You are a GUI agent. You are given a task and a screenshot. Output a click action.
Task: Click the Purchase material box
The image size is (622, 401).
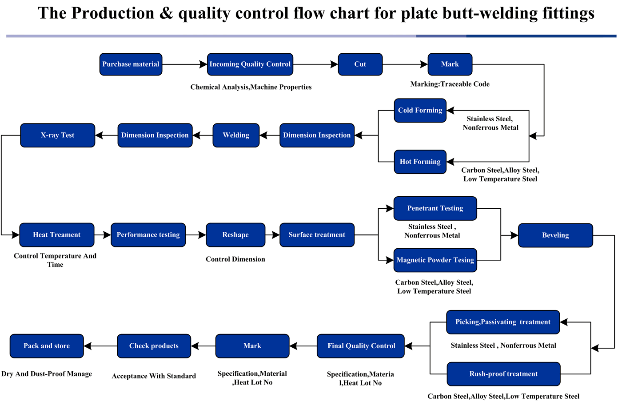pos(131,64)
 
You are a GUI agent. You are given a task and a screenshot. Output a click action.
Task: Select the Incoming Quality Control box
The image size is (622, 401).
pos(250,64)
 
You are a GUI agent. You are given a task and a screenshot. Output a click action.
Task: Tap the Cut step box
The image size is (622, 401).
pos(360,64)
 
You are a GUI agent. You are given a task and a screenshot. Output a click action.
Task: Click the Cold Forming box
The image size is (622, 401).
pos(420,111)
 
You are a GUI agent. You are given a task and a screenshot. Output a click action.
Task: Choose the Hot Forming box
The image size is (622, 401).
pos(420,162)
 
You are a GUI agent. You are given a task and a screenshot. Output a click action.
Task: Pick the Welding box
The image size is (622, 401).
pos(236,135)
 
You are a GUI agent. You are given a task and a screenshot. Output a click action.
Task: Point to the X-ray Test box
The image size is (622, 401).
pos(57,135)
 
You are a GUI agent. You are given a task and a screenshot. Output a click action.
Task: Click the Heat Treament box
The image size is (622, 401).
pos(57,235)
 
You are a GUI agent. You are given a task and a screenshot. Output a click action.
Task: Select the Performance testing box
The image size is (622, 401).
pos(148,235)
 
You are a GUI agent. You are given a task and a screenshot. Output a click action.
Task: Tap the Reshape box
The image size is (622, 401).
pos(235,235)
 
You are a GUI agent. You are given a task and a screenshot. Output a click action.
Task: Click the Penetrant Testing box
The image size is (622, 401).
pos(435,208)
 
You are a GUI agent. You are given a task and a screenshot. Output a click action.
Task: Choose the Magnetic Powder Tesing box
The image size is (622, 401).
pos(435,260)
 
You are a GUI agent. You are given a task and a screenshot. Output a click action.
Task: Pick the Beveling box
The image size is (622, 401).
pos(555,235)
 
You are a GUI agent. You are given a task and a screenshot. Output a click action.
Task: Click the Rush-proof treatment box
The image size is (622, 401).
pos(503,374)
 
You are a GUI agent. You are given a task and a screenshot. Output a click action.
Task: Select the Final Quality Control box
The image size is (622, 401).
pos(360,346)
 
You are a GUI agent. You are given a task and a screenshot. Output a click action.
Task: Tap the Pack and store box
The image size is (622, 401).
pos(47,346)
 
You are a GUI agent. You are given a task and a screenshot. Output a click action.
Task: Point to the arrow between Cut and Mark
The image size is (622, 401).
pos(405,64)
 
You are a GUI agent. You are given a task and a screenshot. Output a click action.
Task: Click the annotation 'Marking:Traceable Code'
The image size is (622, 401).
pos(450,84)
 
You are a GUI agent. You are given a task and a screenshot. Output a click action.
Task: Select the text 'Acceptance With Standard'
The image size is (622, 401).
pos(154,376)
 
